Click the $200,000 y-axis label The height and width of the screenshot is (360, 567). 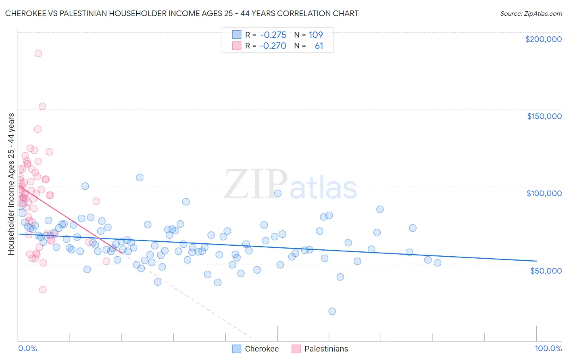pyautogui.click(x=543, y=39)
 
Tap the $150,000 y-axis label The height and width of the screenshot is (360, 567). pyautogui.click(x=544, y=116)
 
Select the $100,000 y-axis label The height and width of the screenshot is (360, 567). pyautogui.click(x=544, y=193)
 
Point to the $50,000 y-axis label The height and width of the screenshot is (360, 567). pyautogui.click(x=546, y=270)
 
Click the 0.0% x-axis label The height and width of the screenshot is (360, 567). pyautogui.click(x=27, y=348)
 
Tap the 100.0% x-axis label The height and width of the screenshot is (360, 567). pyautogui.click(x=548, y=348)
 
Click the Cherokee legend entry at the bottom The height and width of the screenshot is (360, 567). pyautogui.click(x=256, y=349)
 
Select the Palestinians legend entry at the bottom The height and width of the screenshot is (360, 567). pyautogui.click(x=320, y=349)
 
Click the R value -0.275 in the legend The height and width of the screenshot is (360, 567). pyautogui.click(x=273, y=35)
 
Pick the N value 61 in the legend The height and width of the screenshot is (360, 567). pyautogui.click(x=319, y=46)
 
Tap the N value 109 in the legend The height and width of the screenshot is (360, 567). pyautogui.click(x=316, y=35)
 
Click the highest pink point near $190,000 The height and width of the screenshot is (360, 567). pyautogui.click(x=38, y=53)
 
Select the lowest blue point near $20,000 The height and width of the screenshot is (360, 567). pyautogui.click(x=332, y=311)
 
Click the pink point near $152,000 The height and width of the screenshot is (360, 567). pyautogui.click(x=42, y=107)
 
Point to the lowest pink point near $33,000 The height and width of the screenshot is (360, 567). pyautogui.click(x=43, y=289)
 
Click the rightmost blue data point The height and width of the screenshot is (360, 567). pyautogui.click(x=438, y=263)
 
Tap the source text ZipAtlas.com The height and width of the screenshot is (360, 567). pyautogui.click(x=531, y=14)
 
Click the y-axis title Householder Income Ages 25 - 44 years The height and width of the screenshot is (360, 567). pyautogui.click(x=11, y=184)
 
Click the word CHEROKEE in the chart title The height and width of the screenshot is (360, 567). pyautogui.click(x=26, y=14)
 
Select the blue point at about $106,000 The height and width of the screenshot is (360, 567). pyautogui.click(x=140, y=178)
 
